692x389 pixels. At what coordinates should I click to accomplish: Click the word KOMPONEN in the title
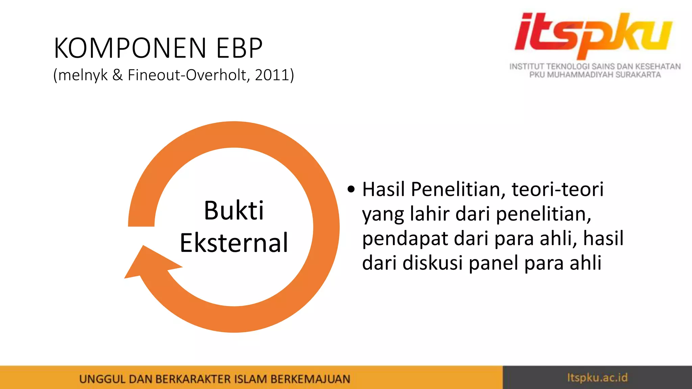(130, 48)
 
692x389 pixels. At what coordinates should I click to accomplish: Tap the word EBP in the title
(239, 48)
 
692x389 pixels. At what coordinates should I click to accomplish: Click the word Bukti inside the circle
(234, 210)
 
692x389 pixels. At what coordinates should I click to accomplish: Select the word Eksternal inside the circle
(234, 243)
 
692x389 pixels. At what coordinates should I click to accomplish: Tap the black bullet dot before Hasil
(351, 189)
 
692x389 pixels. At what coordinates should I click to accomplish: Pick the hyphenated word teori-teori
(558, 189)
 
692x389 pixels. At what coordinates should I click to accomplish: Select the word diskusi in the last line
(432, 263)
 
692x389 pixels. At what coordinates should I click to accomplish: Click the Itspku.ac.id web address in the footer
(597, 378)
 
